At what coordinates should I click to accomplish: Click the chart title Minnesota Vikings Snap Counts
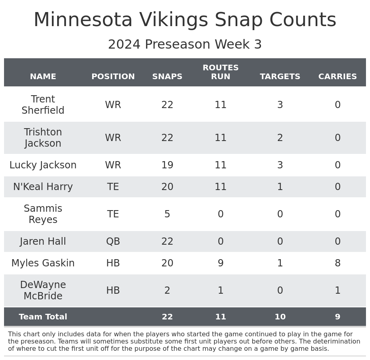[185, 20]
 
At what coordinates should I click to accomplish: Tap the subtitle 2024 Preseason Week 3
[185, 45]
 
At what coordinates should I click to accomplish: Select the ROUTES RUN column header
[220, 72]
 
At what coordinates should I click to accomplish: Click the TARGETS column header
[280, 77]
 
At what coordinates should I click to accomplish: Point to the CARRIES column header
[337, 77]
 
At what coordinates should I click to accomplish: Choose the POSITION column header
[113, 77]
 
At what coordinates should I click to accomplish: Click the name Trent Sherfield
[43, 105]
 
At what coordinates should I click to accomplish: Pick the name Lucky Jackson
[43, 165]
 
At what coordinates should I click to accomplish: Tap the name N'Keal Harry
[43, 187]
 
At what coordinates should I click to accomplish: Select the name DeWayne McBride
[43, 290]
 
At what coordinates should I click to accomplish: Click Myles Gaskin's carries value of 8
[337, 263]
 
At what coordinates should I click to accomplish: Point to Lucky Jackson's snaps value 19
[167, 165]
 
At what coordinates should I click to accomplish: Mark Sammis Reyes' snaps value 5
[167, 214]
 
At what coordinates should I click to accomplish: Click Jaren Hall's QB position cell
[113, 241]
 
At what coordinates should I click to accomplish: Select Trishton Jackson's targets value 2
[280, 138]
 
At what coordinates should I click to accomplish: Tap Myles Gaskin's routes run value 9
[220, 263]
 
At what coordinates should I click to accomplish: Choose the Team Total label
[43, 317]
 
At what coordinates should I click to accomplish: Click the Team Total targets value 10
[280, 317]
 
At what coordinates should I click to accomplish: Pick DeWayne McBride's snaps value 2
[167, 290]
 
